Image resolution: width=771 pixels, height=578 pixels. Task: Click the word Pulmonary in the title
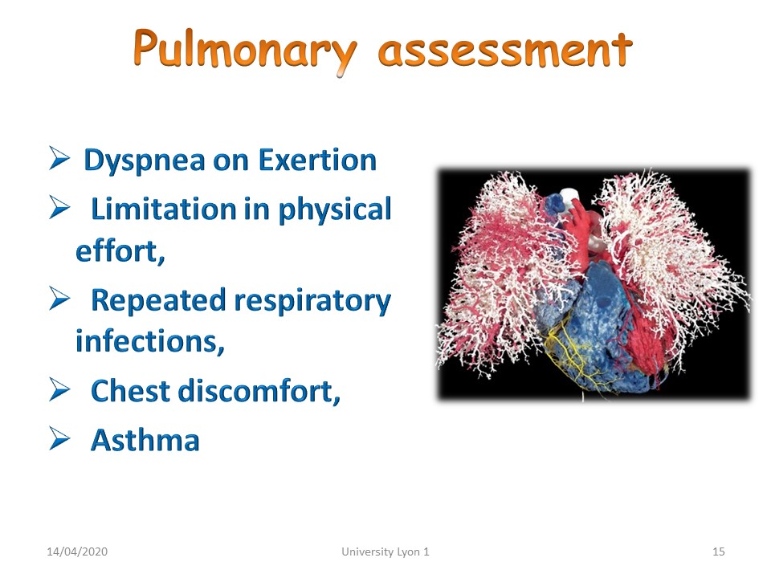pyautogui.click(x=244, y=50)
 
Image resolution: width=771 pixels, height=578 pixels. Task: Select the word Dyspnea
pyautogui.click(x=145, y=161)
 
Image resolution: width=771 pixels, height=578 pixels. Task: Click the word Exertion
pyautogui.click(x=317, y=160)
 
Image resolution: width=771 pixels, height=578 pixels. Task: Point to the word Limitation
pyautogui.click(x=164, y=209)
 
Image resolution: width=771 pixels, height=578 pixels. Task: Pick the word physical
pyautogui.click(x=334, y=210)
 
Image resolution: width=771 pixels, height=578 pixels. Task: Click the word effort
pyautogui.click(x=120, y=251)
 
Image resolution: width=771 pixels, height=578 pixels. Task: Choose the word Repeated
pyautogui.click(x=158, y=301)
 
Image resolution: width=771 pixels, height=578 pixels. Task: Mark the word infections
pyautogui.click(x=150, y=341)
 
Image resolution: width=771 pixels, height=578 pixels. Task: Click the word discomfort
pyautogui.click(x=259, y=391)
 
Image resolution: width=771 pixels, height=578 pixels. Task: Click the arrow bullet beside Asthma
pyautogui.click(x=59, y=439)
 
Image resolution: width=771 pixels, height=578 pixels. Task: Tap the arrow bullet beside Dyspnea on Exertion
pyautogui.click(x=59, y=158)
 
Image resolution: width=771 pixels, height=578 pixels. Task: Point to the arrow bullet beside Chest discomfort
pyautogui.click(x=59, y=390)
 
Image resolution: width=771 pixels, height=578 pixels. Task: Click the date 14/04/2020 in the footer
pyautogui.click(x=77, y=552)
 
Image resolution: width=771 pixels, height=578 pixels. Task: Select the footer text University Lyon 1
pyautogui.click(x=385, y=552)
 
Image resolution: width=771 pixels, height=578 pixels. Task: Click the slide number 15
pyautogui.click(x=718, y=552)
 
